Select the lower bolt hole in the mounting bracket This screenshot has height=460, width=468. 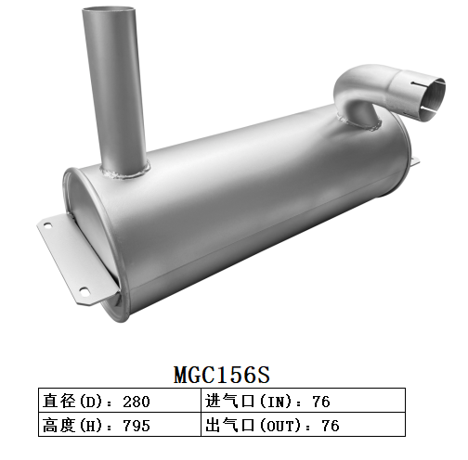84,290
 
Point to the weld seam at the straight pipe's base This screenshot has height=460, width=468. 126,172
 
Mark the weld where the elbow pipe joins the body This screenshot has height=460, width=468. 358,121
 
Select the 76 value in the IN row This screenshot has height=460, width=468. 321,402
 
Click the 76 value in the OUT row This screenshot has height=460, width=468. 330,426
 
